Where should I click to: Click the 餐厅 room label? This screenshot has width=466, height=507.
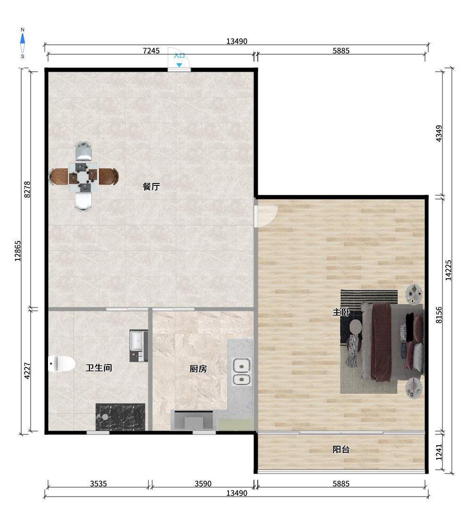click(151, 187)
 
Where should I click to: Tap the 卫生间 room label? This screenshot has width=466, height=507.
click(99, 368)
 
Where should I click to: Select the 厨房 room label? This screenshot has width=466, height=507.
click(198, 369)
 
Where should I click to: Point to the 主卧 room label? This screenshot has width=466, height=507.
click(341, 312)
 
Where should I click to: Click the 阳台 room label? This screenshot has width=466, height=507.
click(341, 449)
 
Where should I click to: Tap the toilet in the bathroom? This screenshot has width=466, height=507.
click(61, 364)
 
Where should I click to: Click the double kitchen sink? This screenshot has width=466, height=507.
click(241, 372)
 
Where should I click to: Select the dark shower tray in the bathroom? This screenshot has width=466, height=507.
click(120, 417)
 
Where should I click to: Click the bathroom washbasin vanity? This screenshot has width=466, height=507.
click(139, 346)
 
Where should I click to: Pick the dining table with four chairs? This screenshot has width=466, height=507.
click(84, 176)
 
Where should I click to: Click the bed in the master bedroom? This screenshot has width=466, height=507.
click(392, 341)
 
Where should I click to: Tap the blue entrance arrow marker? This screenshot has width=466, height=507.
click(179, 65)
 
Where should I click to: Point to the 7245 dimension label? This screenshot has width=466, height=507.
click(151, 51)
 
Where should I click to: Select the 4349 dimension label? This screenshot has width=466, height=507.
click(439, 133)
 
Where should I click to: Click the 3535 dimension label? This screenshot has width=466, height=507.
click(98, 484)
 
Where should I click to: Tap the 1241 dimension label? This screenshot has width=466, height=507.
click(439, 452)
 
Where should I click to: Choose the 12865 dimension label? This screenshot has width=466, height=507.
click(18, 251)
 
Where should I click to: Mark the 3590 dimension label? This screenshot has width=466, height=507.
click(203, 484)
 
